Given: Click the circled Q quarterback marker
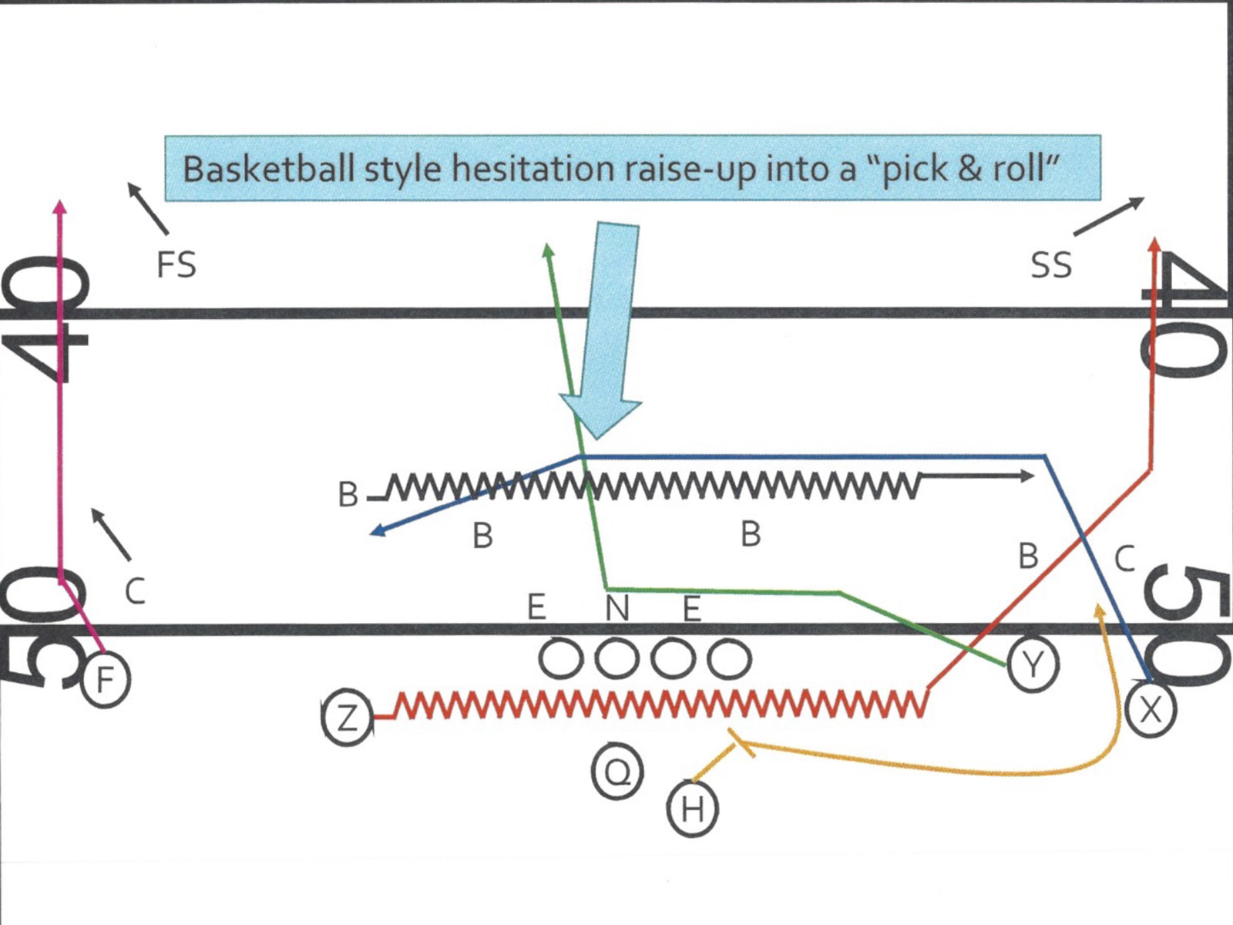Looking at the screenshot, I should click(x=616, y=772).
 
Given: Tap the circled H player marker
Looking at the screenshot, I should click(x=692, y=809).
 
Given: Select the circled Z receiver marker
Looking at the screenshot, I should click(x=348, y=718).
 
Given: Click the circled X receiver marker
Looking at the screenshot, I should click(x=1150, y=709).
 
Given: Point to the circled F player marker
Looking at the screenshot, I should click(x=105, y=679).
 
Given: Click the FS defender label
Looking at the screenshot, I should click(x=176, y=265).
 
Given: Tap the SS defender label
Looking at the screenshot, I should click(x=1051, y=265).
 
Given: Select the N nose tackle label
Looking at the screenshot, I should click(x=616, y=608).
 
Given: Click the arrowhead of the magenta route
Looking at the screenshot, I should click(x=60, y=207).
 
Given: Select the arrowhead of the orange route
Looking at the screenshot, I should click(x=1100, y=610).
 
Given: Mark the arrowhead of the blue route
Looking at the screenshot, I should click(x=377, y=531).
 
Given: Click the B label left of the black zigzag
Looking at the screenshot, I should click(x=348, y=495).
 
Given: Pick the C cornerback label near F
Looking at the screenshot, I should click(x=135, y=592).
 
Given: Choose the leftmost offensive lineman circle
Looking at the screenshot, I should click(x=560, y=660).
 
